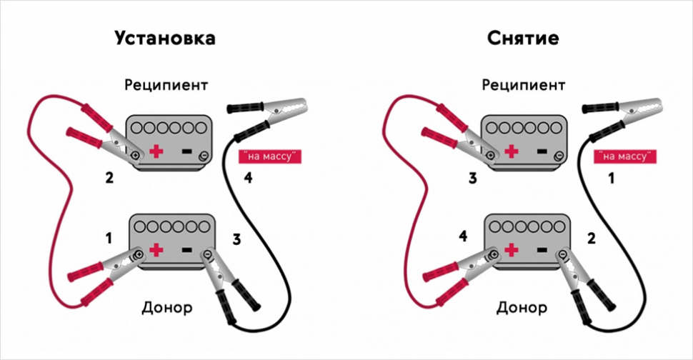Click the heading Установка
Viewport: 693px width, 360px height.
pyautogui.click(x=165, y=38)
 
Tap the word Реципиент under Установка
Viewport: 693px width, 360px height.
pyautogui.click(x=166, y=85)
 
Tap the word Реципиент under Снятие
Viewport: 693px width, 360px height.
pyautogui.click(x=524, y=85)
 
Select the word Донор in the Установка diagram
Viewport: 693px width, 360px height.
pyautogui.click(x=166, y=309)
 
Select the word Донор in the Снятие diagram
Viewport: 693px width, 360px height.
pyautogui.click(x=524, y=309)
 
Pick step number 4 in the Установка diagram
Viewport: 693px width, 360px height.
pyautogui.click(x=247, y=179)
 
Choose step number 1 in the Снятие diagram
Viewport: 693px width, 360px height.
pyautogui.click(x=610, y=179)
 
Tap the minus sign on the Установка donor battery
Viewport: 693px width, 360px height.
pyautogui.click(x=186, y=250)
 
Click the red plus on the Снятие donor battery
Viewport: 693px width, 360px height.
pyautogui.click(x=512, y=250)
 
